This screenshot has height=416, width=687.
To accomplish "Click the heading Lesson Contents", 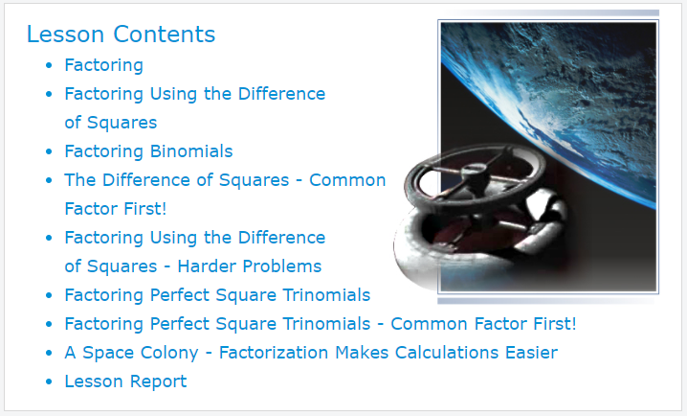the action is pyautogui.click(x=121, y=35).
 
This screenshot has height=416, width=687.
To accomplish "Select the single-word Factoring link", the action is pyautogui.click(x=104, y=65).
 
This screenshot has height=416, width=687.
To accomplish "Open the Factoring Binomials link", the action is pyautogui.click(x=148, y=151).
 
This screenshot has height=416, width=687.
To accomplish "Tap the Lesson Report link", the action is pyautogui.click(x=125, y=381).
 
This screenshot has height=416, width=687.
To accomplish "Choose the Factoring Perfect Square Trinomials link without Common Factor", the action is pyautogui.click(x=217, y=295).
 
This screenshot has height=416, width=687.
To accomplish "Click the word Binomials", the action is pyautogui.click(x=191, y=151).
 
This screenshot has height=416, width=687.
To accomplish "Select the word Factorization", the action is pyautogui.click(x=274, y=353).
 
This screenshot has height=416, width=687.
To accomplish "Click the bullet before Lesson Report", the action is pyautogui.click(x=49, y=381).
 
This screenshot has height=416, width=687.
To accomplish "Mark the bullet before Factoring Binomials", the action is pyautogui.click(x=49, y=151).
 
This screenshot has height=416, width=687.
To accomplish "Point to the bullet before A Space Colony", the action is pyautogui.click(x=49, y=354).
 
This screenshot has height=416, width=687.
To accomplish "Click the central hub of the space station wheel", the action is pyautogui.click(x=475, y=173).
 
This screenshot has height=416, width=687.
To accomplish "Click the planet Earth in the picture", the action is pyautogui.click(x=565, y=97).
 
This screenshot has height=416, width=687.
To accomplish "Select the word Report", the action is pyautogui.click(x=159, y=381).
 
